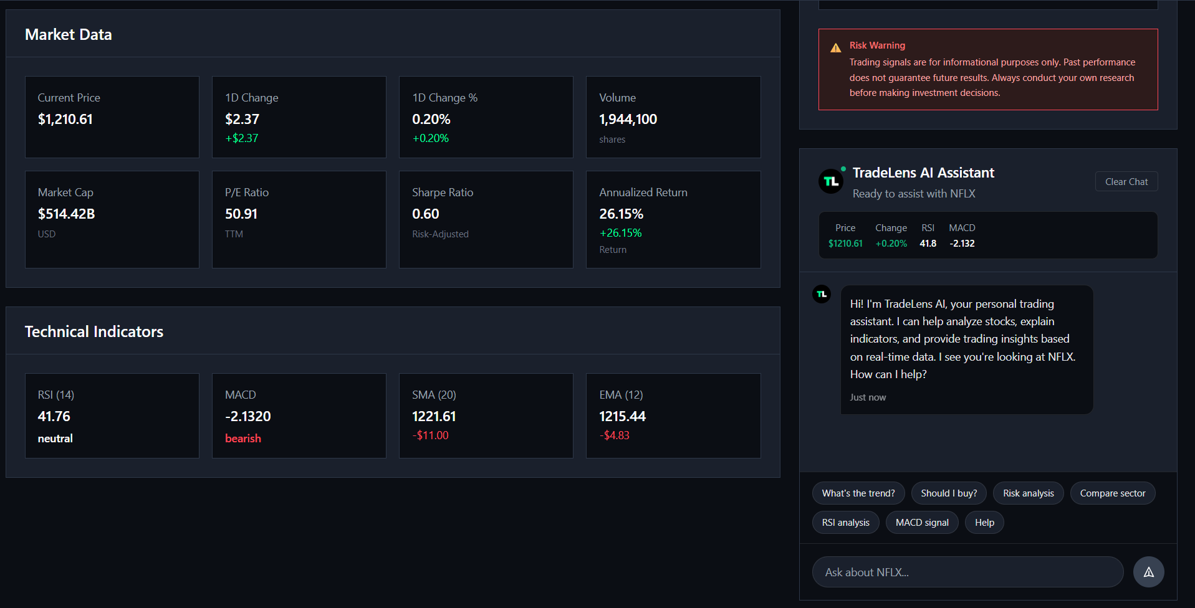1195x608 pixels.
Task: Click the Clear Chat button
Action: [x=1126, y=182]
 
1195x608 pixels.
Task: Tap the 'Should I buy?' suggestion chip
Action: [x=949, y=493]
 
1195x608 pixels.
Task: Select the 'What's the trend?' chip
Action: [x=858, y=493]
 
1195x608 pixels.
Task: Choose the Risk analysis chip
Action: [x=1028, y=493]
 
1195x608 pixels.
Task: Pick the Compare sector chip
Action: [x=1112, y=493]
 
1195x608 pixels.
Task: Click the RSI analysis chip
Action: [x=845, y=523]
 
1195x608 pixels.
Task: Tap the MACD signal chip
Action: [x=922, y=523]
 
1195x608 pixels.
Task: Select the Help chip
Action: [x=984, y=523]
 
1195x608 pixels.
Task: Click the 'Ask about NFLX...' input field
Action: [x=967, y=572]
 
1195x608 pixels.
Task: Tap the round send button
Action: [x=1148, y=572]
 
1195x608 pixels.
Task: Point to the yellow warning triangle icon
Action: [x=835, y=48]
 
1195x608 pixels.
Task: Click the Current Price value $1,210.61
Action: [x=65, y=120]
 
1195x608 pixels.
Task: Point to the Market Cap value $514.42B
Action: [x=67, y=214]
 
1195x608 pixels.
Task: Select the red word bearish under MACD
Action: [x=243, y=439]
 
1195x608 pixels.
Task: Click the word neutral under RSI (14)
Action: [x=55, y=439]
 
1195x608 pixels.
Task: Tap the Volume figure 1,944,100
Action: [x=628, y=120]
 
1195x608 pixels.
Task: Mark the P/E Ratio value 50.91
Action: [x=241, y=214]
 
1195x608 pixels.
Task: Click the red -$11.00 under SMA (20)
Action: [x=430, y=435]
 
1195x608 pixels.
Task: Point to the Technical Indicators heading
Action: [x=94, y=331]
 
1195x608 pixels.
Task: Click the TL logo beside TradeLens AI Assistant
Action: [x=830, y=181]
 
